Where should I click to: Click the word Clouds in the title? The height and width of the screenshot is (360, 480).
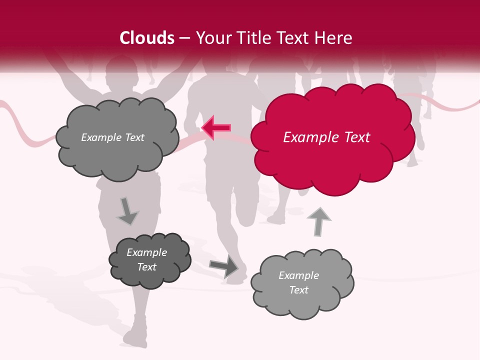[x=147, y=38]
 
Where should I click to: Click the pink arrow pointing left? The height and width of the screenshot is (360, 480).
[x=216, y=128]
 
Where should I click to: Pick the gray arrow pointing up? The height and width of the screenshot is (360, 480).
[x=319, y=221]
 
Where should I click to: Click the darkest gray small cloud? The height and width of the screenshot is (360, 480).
[x=149, y=260]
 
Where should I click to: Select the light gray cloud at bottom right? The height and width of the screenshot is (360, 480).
[x=301, y=283]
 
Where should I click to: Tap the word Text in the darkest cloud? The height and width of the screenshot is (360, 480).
[x=146, y=267]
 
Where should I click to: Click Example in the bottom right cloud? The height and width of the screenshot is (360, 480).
[x=298, y=275]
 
